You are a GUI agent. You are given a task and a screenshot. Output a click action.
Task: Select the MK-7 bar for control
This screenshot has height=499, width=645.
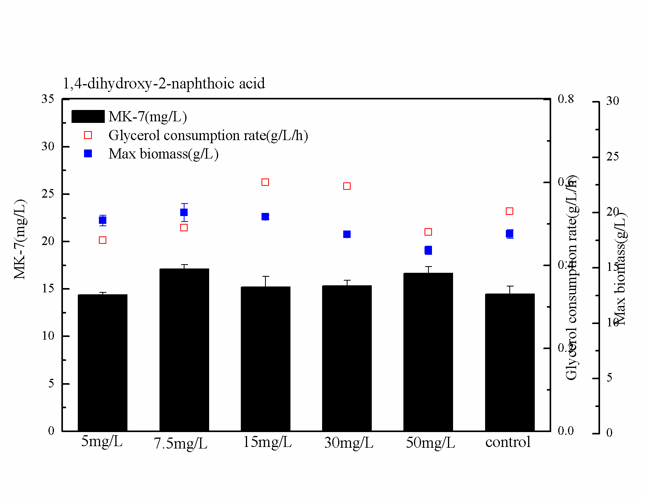tap(510, 362)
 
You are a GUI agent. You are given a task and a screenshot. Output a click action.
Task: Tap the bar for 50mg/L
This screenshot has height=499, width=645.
tap(428, 352)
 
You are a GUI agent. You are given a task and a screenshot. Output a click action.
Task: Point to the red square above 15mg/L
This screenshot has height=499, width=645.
tap(265, 182)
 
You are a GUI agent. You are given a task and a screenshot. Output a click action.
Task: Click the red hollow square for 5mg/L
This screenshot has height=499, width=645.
tap(103, 240)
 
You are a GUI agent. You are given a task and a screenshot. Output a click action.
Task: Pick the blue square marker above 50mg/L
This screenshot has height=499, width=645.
tap(428, 250)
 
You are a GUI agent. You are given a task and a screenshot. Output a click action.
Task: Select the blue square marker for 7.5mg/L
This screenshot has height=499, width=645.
tap(184, 213)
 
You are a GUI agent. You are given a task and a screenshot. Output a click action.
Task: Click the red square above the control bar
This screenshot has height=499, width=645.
tap(510, 211)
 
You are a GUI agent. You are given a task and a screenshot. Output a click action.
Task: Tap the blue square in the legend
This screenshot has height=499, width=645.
tap(88, 154)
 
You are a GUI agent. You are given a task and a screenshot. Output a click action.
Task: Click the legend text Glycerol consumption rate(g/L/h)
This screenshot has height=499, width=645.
tap(208, 135)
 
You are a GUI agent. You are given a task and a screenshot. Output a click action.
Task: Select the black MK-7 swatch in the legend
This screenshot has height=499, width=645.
tap(88, 117)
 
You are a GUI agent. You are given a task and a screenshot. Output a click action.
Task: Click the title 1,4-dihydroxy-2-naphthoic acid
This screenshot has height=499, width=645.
tap(164, 83)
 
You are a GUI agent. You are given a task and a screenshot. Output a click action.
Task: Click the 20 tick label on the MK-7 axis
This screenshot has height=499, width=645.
tap(48, 241)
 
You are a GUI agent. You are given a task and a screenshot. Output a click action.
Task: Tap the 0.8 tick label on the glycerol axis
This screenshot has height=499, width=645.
tap(566, 99)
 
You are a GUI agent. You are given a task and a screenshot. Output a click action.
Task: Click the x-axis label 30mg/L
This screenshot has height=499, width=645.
tap(349, 443)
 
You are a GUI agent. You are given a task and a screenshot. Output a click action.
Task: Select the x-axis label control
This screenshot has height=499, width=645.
tap(508, 442)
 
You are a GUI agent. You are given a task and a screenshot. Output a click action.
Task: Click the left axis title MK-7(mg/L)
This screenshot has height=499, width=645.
tap(20, 240)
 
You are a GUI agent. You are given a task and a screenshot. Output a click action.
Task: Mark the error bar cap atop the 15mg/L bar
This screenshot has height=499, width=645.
tap(266, 276)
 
